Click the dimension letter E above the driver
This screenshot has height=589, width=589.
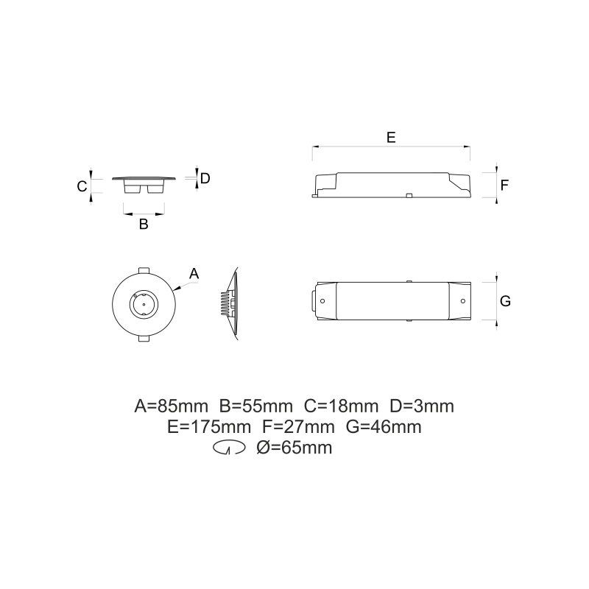click(x=391, y=137)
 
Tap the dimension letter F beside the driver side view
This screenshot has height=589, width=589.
click(x=504, y=186)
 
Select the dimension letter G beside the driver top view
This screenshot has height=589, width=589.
click(x=505, y=301)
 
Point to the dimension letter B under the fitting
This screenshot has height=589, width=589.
click(x=144, y=225)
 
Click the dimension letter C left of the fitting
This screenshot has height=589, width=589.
click(x=82, y=186)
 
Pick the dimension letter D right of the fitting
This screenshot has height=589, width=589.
click(x=205, y=178)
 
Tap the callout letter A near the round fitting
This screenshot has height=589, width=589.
click(x=194, y=273)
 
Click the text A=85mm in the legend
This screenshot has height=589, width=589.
click(x=172, y=406)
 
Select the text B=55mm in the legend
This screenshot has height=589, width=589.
click(x=255, y=406)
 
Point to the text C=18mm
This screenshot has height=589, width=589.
click(x=341, y=406)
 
